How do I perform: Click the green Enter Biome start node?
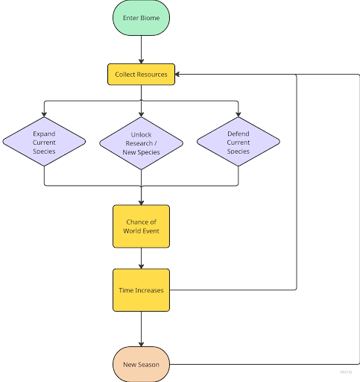[141, 17]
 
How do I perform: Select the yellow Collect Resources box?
[141, 75]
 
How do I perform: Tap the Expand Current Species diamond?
[44, 142]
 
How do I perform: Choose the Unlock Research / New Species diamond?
[141, 143]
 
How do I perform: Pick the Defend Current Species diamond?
[239, 142]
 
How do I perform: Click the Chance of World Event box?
[141, 226]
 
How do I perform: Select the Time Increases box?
[141, 289]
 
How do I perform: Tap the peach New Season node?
[141, 365]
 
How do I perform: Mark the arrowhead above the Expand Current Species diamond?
[44, 113]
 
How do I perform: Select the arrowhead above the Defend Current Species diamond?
[239, 113]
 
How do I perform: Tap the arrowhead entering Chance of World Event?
[141, 201]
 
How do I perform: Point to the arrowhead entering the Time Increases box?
[141, 265]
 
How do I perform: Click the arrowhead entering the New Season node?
[141, 344]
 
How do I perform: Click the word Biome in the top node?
[152, 17]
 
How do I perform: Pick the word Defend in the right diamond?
[239, 133]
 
